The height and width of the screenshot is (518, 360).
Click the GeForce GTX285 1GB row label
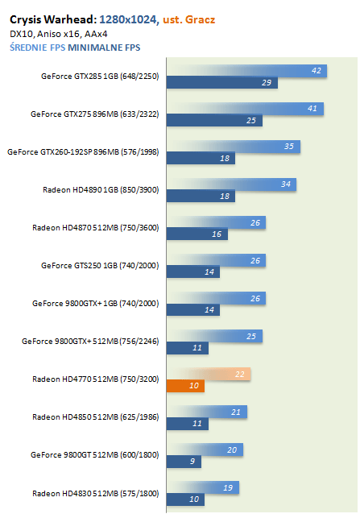click(x=100, y=77)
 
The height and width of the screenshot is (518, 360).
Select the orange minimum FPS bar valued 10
click(x=185, y=386)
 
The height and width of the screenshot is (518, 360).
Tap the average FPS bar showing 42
click(x=246, y=71)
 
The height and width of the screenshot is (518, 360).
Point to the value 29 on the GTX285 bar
click(x=267, y=83)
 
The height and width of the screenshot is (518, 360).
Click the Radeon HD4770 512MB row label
click(x=96, y=379)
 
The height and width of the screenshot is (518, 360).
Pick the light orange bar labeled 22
click(x=209, y=374)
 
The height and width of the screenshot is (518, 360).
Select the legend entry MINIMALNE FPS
click(x=104, y=48)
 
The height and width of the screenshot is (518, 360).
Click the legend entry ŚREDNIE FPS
click(x=37, y=48)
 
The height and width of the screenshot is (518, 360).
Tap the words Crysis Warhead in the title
click(x=53, y=20)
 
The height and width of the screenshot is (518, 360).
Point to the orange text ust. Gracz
click(x=189, y=19)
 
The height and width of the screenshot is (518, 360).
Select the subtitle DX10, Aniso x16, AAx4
click(x=59, y=34)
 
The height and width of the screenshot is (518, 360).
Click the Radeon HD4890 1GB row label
click(x=101, y=190)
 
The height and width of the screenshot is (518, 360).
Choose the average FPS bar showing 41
click(x=245, y=109)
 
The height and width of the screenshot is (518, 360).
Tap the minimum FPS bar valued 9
click(x=184, y=462)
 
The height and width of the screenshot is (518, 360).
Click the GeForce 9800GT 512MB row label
click(x=95, y=455)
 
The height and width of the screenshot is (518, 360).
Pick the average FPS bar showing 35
click(x=234, y=147)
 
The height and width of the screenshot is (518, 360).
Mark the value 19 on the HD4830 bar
click(x=228, y=487)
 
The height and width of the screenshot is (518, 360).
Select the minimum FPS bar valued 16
click(x=197, y=234)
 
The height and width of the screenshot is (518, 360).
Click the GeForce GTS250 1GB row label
click(x=100, y=266)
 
